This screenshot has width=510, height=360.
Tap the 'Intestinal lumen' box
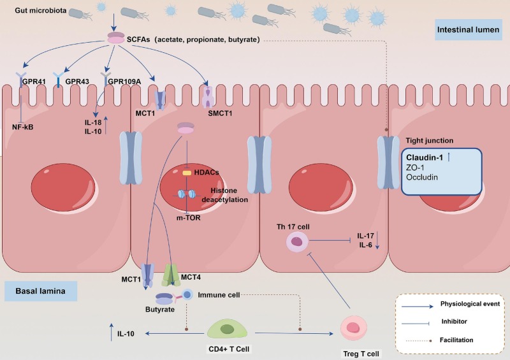(x=470, y=29)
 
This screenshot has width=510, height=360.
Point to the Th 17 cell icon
(x=296, y=241)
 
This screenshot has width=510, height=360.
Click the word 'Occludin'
(x=421, y=178)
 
